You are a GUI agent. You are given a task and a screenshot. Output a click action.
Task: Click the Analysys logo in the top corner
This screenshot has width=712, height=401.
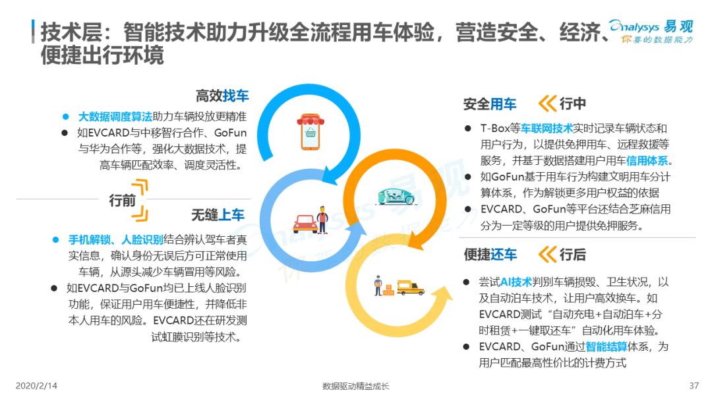tap(651, 32)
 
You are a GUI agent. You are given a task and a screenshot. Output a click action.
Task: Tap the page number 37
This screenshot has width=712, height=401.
tap(694, 386)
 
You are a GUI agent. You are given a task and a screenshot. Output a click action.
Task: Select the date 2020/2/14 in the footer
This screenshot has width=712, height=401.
tap(36, 386)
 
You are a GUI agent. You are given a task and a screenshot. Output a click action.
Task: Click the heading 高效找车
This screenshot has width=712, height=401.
tap(222, 96)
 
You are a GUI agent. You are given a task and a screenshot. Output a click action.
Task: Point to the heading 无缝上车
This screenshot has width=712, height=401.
tap(218, 215)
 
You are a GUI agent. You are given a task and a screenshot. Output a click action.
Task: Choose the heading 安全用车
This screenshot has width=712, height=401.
tap(489, 104)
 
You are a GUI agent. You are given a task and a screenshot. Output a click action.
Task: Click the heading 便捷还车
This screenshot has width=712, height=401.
tap(490, 255)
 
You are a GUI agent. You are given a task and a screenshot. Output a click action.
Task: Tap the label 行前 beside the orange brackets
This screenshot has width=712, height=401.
tap(122, 200)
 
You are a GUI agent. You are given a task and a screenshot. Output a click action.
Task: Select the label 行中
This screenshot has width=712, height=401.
tap(573, 104)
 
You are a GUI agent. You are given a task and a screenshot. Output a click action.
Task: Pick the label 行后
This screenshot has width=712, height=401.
tap(573, 255)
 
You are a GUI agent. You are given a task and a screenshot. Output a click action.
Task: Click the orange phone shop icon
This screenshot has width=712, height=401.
tap(311, 132)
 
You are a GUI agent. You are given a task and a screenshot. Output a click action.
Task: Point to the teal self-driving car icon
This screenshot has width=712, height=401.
tap(396, 196)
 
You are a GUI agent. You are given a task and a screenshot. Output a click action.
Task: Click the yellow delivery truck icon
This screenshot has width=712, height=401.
tap(411, 288)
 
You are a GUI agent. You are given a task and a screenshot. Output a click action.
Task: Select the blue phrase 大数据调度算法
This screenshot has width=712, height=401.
tap(115, 117)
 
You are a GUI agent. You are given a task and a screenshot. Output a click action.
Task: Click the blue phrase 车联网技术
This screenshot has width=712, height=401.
tap(547, 129)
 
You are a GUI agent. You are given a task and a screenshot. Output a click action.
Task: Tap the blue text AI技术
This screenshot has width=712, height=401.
tap(516, 282)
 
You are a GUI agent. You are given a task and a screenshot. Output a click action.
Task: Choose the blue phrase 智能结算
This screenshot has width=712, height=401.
tap(607, 347)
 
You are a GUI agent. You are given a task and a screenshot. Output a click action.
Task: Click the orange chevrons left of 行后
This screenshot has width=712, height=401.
tap(547, 255)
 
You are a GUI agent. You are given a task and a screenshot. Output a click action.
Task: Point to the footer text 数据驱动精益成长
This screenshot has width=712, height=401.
tap(355, 386)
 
